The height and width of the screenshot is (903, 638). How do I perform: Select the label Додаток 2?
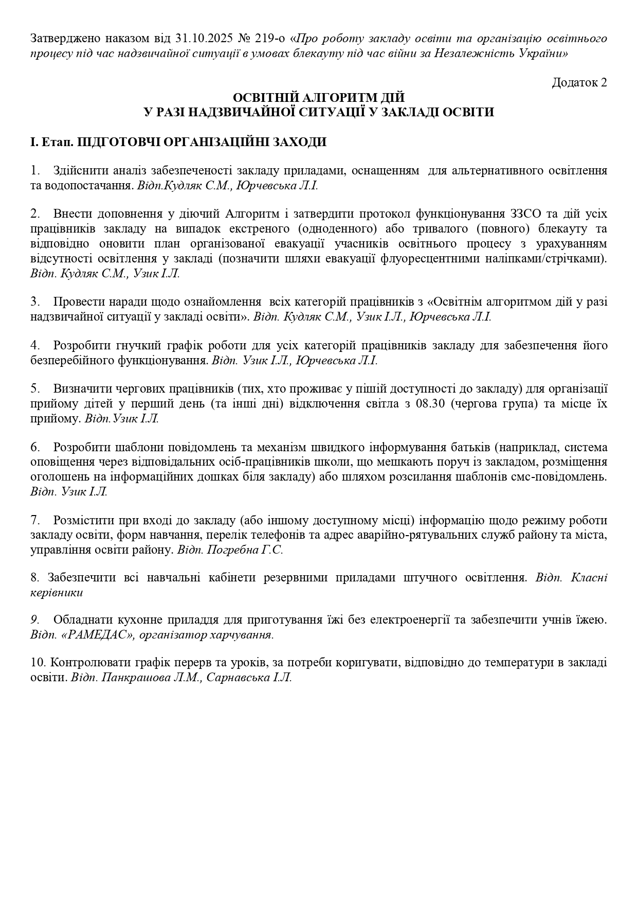(579, 82)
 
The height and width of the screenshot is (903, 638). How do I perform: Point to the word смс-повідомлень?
(566, 476)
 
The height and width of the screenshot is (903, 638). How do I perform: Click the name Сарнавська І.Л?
(249, 678)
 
